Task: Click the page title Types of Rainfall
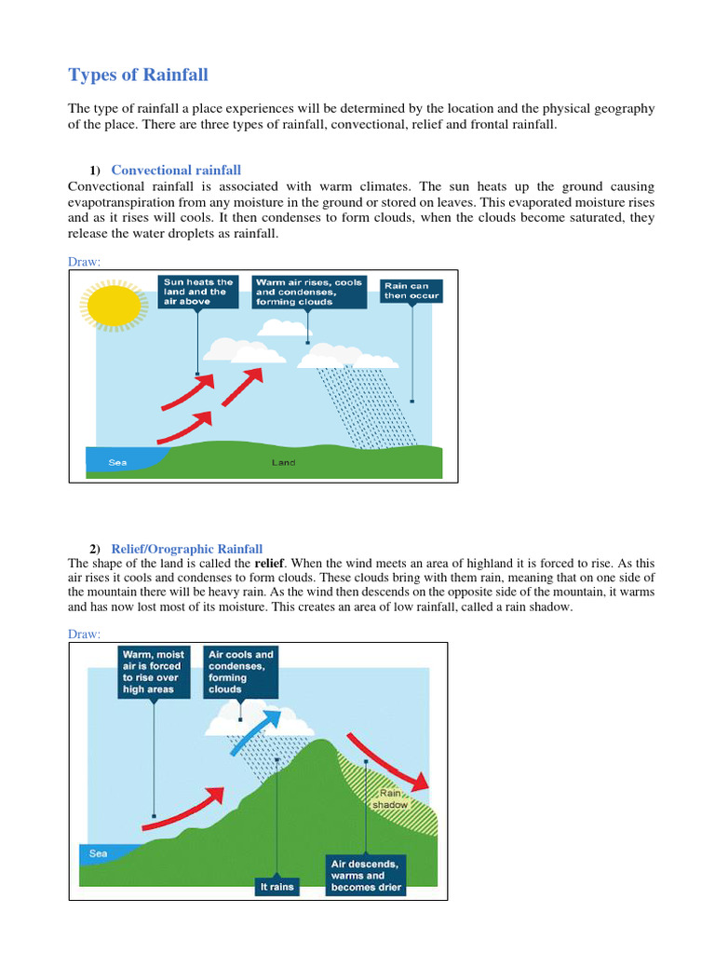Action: tap(146, 75)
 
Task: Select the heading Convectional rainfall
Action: tap(176, 170)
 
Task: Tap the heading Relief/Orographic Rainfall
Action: tap(186, 549)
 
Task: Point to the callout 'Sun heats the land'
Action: tap(196, 291)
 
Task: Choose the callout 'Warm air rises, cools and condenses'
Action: tap(308, 291)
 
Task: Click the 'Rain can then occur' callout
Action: tap(411, 291)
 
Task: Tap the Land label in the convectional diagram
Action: tap(283, 462)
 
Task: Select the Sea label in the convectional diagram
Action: tap(118, 462)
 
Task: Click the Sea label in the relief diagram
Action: tap(99, 852)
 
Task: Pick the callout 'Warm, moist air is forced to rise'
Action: tap(154, 672)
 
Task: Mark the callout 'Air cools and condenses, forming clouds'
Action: tap(241, 672)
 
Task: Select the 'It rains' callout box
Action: tap(277, 886)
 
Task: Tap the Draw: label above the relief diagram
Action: tap(84, 634)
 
